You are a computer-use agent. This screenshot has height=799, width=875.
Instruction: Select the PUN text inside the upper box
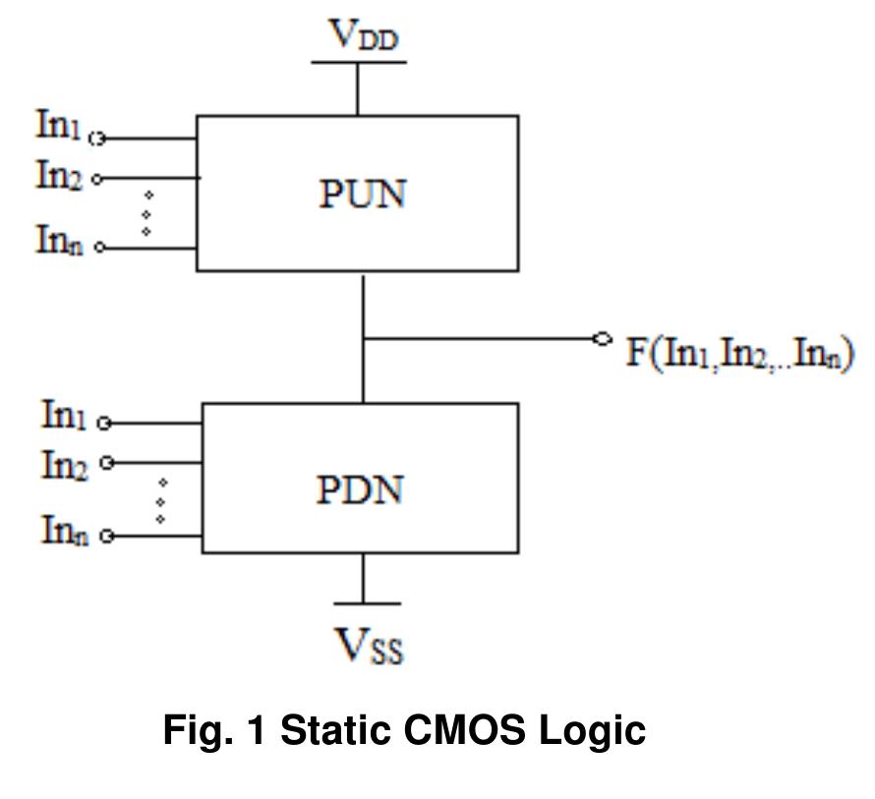362,194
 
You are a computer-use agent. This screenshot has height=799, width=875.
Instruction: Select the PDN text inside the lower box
360,488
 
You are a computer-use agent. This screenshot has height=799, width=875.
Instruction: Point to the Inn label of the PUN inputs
59,239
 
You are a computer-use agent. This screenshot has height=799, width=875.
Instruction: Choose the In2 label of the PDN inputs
64,463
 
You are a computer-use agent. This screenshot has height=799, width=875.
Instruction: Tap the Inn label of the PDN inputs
64,530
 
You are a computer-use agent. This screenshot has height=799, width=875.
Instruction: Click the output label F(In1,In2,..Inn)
740,352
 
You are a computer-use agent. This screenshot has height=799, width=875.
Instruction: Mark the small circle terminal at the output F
602,338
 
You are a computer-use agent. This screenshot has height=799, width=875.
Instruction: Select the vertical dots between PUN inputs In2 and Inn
146,213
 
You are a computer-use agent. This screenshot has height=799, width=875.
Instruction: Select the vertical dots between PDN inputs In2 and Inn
160,500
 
